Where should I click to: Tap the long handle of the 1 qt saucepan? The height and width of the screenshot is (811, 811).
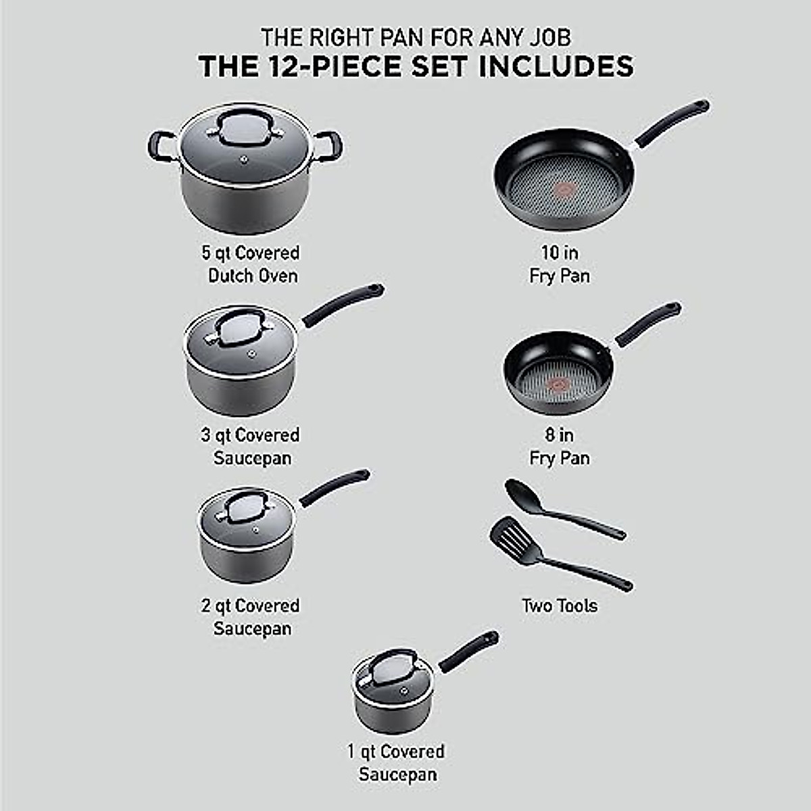[x=468, y=652]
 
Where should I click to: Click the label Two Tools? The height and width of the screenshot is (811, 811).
[x=560, y=606]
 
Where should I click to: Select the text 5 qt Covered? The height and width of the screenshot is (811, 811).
[x=251, y=253]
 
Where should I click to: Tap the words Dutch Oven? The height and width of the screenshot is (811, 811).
[x=253, y=276]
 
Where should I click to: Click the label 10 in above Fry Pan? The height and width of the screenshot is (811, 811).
[x=560, y=253]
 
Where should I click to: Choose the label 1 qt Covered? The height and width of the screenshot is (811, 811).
[x=396, y=752]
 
